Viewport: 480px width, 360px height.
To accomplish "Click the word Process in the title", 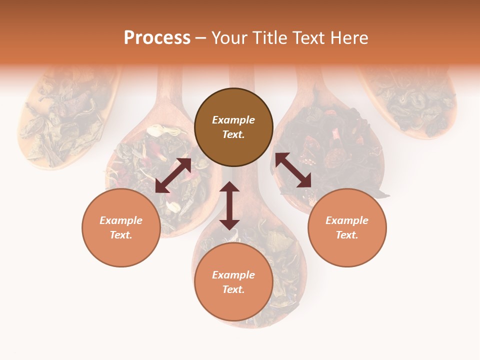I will (157, 38).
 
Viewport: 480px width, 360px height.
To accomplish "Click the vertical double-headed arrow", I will (229, 205).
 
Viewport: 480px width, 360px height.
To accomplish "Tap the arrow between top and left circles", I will (173, 175).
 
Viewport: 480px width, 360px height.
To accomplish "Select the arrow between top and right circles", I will (293, 170).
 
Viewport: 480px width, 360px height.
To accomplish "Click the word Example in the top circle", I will (233, 120).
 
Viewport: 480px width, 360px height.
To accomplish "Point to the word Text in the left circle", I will (121, 235).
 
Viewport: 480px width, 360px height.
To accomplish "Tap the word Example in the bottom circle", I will (233, 275).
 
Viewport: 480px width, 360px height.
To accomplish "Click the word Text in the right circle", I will (347, 235).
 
